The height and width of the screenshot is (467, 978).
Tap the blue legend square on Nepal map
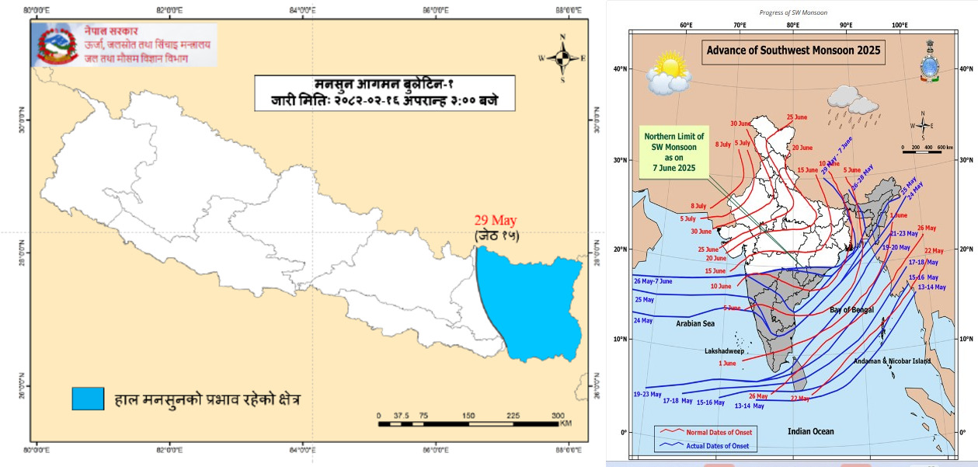(88, 399)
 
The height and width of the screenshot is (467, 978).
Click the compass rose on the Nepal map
(562, 58)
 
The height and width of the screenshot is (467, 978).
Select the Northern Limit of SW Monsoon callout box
(673, 152)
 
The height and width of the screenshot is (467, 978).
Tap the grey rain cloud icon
(852, 101)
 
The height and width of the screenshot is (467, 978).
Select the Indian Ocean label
(811, 430)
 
